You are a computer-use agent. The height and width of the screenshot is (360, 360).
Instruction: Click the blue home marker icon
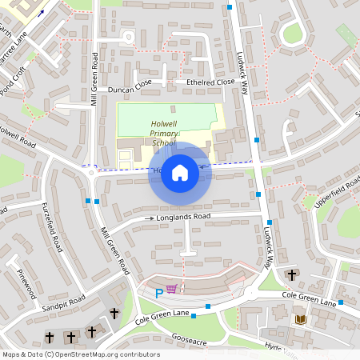point(180,173)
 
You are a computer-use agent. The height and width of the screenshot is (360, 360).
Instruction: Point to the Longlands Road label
point(183,217)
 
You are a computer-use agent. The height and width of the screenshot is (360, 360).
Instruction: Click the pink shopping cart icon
point(171,289)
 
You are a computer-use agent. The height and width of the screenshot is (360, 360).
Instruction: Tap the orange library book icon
point(301,319)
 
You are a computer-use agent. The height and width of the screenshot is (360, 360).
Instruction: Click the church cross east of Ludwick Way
point(291,275)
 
